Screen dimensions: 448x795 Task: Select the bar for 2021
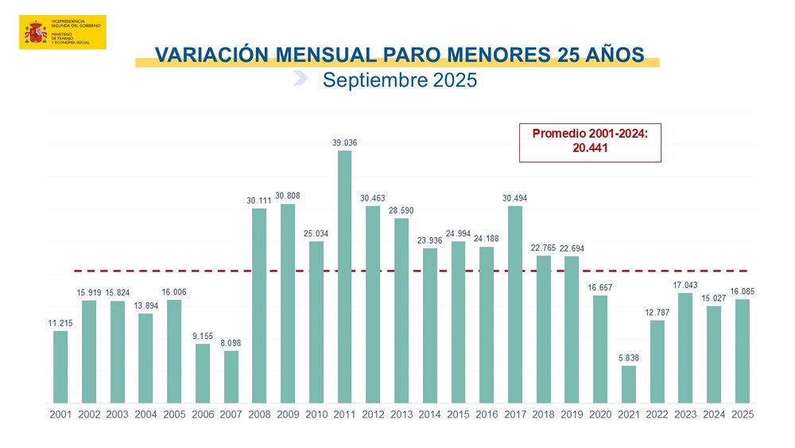click(629, 384)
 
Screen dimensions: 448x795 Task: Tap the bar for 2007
click(231, 376)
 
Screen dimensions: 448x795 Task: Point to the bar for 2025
click(743, 350)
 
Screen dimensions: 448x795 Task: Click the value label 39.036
click(344, 142)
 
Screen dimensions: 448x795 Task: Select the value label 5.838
click(629, 357)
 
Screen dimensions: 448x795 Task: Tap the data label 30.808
click(288, 196)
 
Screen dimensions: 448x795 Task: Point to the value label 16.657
click(600, 287)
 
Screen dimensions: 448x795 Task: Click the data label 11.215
click(60, 322)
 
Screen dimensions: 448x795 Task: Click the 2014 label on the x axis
click(430, 415)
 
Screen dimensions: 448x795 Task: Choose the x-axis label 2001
click(60, 415)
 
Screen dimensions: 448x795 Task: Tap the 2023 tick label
click(686, 415)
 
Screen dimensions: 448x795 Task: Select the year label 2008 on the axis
click(259, 415)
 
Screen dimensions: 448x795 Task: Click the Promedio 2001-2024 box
click(590, 142)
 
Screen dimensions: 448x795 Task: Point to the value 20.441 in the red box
click(590, 148)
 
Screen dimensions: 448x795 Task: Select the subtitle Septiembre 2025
click(399, 80)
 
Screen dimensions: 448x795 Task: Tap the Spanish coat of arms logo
click(35, 33)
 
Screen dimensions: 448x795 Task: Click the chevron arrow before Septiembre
click(301, 77)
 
